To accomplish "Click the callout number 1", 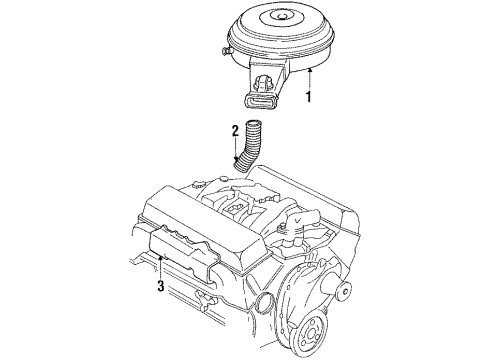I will (x=310, y=98).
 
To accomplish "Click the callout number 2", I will (x=235, y=130).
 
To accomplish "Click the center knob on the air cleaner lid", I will (x=287, y=12).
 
